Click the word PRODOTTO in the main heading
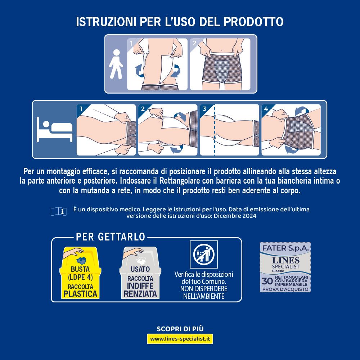(x=253, y=21)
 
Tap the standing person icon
(x=116, y=64)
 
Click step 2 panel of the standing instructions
(x=220, y=64)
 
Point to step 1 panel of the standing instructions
(x=157, y=64)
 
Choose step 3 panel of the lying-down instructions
(x=229, y=130)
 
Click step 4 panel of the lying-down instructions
(x=291, y=130)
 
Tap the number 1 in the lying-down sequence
(x=81, y=108)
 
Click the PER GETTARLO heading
(x=111, y=237)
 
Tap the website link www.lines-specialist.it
(x=180, y=339)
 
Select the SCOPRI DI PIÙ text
(x=180, y=329)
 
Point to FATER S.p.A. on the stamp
(x=285, y=248)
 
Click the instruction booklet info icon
(x=59, y=211)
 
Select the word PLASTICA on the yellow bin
(x=80, y=294)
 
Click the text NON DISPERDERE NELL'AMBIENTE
(x=204, y=292)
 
